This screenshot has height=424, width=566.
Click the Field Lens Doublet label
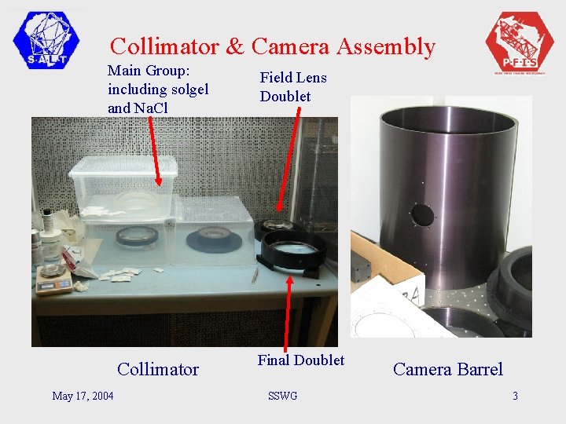point(292,87)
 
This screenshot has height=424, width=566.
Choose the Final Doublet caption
point(300,360)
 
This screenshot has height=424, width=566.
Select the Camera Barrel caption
point(447,369)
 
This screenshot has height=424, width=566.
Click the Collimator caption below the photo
point(157,369)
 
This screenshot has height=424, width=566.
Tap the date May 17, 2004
point(83,396)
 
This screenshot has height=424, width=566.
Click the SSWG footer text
point(282,396)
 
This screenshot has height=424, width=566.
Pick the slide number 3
point(515,396)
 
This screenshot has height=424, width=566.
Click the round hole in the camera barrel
point(422,214)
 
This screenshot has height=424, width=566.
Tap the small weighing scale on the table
point(54,280)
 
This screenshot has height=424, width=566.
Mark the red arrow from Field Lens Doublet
point(289,165)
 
